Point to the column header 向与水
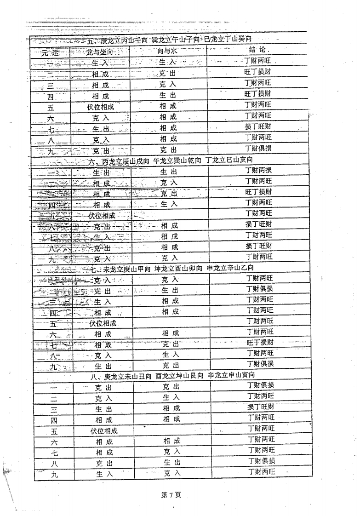click(167, 52)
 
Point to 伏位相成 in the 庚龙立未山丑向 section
click(104, 430)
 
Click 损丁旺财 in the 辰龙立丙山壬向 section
click(258, 126)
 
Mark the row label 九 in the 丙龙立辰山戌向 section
click(52, 258)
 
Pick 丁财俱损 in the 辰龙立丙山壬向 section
click(258, 149)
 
